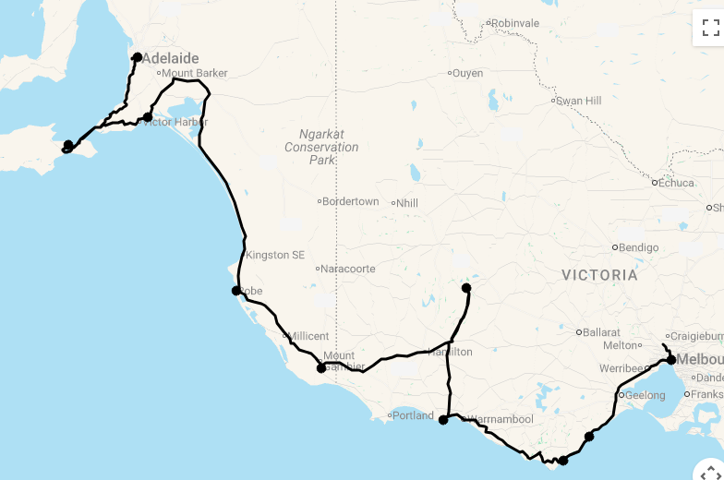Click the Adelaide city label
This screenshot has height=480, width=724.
170,58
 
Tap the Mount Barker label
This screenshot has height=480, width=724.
194,73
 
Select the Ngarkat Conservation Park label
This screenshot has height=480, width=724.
321,147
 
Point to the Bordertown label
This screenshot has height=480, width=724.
350,201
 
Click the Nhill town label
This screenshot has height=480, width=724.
407,202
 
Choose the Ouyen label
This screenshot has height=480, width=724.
468,73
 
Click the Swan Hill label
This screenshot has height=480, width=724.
580,101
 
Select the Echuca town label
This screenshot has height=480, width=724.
676,183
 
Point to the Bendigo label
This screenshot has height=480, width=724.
638,247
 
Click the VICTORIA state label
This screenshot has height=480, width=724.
600,275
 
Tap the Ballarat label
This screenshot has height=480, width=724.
601,332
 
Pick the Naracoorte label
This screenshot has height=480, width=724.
348,269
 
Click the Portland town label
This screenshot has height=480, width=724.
413,415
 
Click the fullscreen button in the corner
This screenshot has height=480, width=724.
710,28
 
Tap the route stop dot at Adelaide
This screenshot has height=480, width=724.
137,57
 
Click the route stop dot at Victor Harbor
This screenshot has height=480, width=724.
148,117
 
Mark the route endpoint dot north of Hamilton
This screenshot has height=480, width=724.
466,288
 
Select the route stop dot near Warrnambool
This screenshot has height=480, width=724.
443,420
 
